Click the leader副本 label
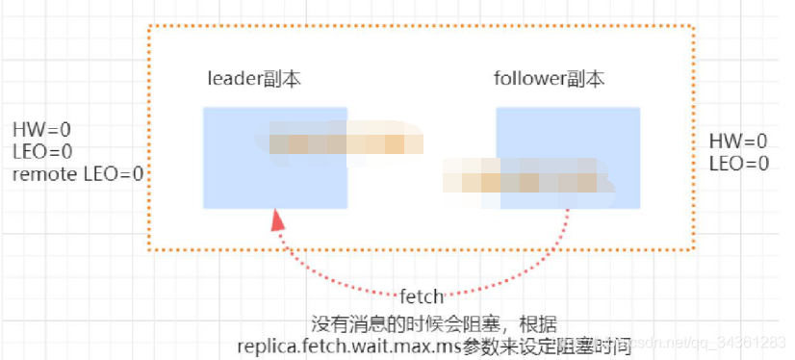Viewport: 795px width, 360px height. (255, 79)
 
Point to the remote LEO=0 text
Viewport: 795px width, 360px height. (78, 174)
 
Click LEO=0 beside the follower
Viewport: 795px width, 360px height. (738, 164)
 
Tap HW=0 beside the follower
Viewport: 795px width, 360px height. (738, 141)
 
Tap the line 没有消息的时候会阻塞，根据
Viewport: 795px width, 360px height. (434, 321)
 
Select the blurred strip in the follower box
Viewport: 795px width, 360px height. (529, 179)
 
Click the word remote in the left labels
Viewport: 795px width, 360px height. (39, 174)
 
